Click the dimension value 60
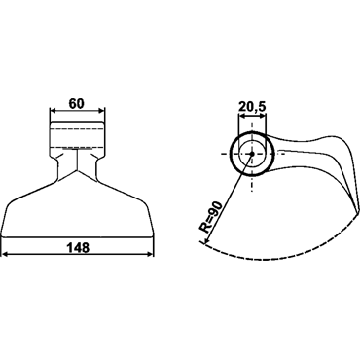coord(77,104)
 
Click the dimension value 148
coord(78,248)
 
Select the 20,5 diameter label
coord(252,106)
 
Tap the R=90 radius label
coord(211,217)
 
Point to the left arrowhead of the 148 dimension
coord(5,254)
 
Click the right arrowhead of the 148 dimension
coord(150,254)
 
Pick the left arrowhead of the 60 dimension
coord(53,111)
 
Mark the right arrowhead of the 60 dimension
coord(102,111)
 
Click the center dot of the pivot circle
coord(252,154)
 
